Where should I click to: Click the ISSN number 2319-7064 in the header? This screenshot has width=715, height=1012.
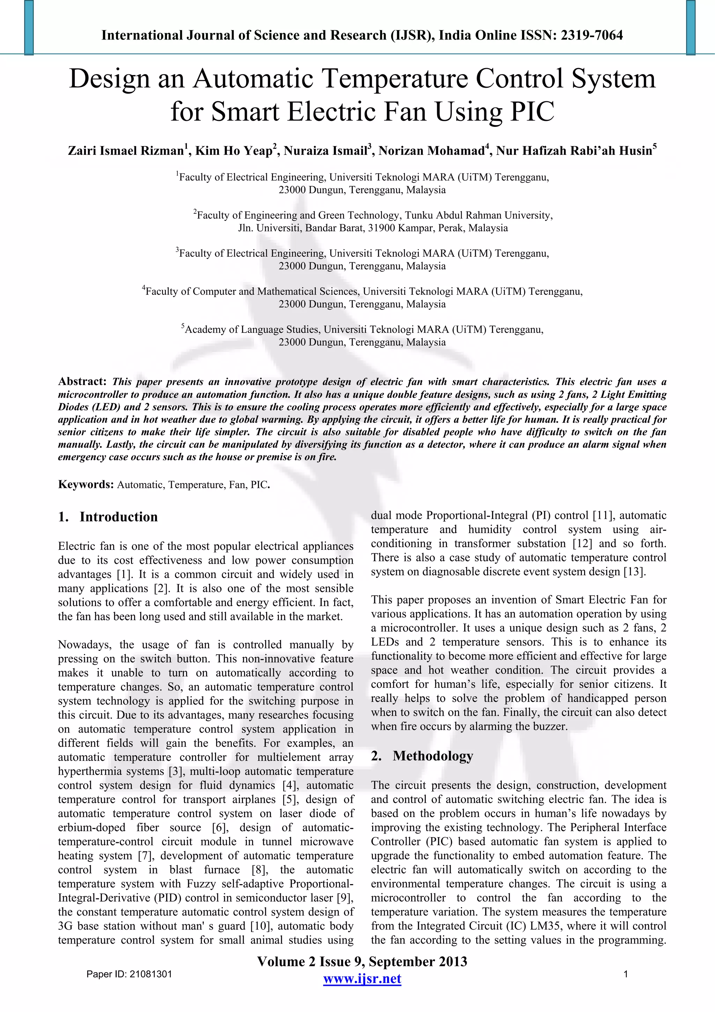click(591, 35)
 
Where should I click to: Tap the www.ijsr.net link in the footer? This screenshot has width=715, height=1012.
click(362, 978)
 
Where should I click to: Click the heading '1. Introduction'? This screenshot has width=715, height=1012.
click(108, 517)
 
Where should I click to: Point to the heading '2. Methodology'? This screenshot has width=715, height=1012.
click(422, 756)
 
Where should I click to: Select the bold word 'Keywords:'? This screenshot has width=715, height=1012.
click(86, 485)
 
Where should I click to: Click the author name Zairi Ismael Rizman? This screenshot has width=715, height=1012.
click(126, 151)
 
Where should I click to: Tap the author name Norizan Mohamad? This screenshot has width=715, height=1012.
click(431, 151)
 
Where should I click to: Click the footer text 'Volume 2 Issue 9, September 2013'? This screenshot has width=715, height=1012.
click(362, 961)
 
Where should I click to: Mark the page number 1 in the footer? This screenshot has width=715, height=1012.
click(626, 974)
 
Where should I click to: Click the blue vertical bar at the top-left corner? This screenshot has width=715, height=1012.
click(29, 27)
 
